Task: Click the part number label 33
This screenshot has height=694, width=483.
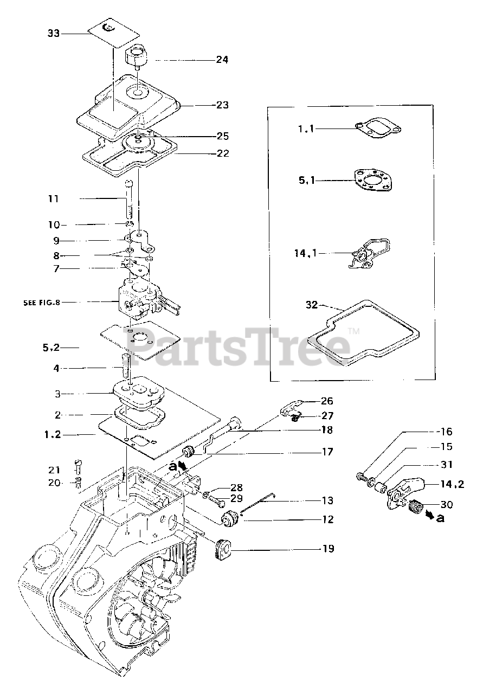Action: coord(53,33)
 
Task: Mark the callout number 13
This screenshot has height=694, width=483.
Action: coord(327,500)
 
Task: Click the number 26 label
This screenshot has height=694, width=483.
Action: coord(327,401)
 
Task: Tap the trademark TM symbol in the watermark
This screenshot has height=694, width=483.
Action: coord(353,330)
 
